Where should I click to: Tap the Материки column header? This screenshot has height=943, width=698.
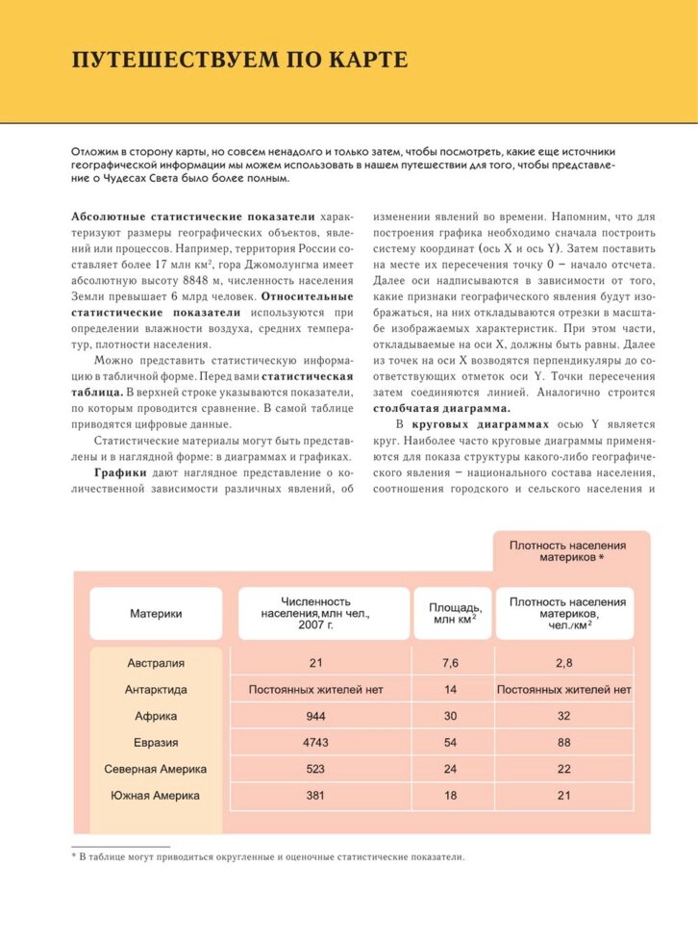pos(156,613)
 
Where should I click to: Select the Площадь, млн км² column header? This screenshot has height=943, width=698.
pos(452,613)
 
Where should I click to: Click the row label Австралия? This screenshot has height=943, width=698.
pos(156,663)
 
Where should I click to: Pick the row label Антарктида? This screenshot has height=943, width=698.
pos(156,690)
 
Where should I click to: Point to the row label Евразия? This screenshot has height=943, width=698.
pos(156,743)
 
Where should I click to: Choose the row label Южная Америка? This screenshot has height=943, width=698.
pos(156,796)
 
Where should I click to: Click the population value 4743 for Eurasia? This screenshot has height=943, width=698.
pos(315,743)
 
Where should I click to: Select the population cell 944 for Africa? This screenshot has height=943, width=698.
pos(315,716)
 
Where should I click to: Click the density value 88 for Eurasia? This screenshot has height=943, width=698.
pos(564,743)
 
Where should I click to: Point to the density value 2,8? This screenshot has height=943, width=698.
pos(564,663)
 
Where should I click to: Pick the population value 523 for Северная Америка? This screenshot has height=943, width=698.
pos(315,769)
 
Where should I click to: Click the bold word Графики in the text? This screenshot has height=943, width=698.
pos(119,472)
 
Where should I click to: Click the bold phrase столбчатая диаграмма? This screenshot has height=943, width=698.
pos(428,408)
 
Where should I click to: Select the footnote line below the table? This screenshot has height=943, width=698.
pos(268,855)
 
